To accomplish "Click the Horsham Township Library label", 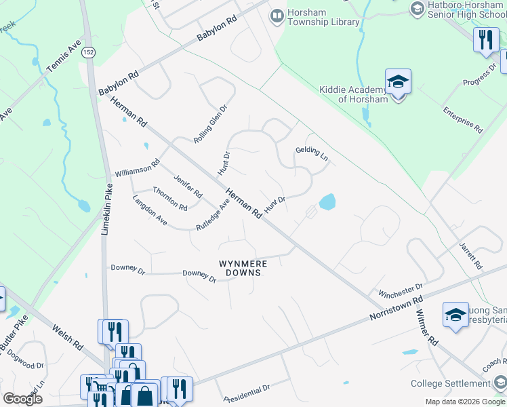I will tap(323, 17).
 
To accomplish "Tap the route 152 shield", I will tap(88, 52).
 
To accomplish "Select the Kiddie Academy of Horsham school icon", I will tap(398, 82).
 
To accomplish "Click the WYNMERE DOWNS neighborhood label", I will tap(239, 267).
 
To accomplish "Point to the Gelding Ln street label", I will tap(312, 154).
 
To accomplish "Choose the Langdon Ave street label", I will tap(150, 210).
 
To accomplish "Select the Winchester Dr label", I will tap(401, 294).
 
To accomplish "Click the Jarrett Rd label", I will tap(470, 254).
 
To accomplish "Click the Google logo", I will tap(22, 399).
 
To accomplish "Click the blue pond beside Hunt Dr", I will tap(327, 201).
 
